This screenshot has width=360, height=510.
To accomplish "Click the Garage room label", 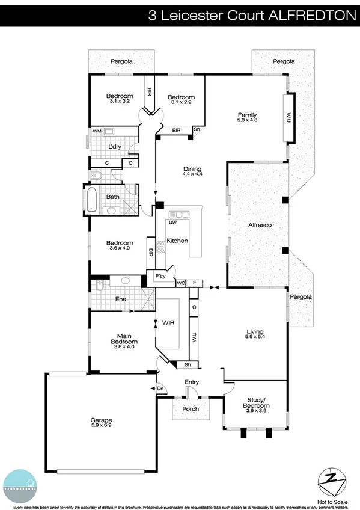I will click(x=102, y=420).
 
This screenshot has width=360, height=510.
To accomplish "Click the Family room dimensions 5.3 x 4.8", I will click(x=247, y=120).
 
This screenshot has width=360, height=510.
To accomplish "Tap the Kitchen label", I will click(x=177, y=241).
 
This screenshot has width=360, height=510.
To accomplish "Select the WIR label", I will click(x=168, y=323).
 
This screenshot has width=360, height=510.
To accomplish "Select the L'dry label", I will click(x=115, y=146).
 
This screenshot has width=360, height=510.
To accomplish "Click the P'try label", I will click(x=160, y=277).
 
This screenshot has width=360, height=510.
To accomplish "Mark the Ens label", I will click(x=120, y=298).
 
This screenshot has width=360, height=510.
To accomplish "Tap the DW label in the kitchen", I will click(x=172, y=222).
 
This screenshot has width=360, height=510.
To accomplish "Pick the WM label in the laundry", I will click(x=96, y=131).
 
